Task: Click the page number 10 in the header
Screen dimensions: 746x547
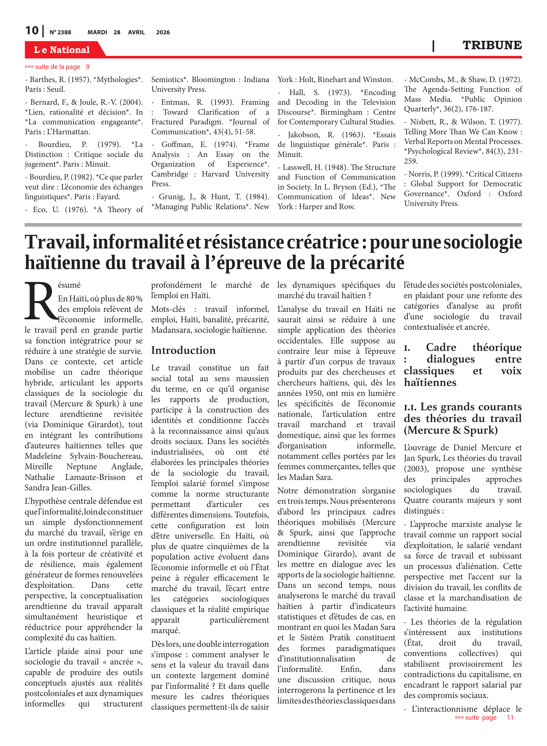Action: (32, 31)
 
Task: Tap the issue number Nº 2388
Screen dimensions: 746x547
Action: (60, 32)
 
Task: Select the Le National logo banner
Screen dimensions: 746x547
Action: (62, 50)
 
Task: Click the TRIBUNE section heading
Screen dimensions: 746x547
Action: (492, 45)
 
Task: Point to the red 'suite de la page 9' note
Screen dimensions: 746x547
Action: (57, 67)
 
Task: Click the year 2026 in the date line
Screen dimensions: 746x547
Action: (163, 32)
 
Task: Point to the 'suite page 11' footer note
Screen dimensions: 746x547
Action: (484, 717)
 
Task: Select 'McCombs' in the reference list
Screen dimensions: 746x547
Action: (424, 80)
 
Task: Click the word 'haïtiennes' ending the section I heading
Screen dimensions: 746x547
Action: (430, 382)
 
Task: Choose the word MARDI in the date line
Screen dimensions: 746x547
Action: (97, 32)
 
